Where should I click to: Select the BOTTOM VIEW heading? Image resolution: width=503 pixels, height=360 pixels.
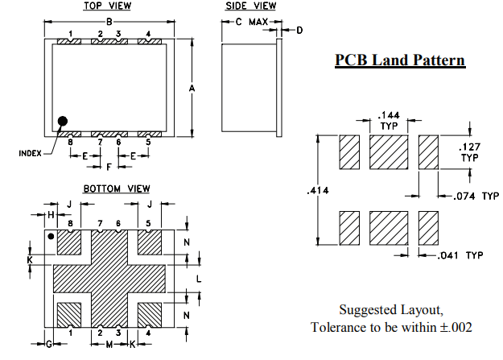pos(116,188)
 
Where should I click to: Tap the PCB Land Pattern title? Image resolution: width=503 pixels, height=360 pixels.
pos(399,60)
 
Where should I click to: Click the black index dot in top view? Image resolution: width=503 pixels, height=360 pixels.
pos(63,122)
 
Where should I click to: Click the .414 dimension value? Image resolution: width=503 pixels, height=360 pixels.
pos(317,192)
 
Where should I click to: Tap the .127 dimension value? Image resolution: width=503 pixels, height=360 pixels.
pos(468,147)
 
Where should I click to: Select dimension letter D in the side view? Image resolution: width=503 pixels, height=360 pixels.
pos(299,31)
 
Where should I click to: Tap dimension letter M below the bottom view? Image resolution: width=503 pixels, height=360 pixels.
pos(109,344)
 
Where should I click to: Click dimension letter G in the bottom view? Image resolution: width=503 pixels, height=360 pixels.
pos(48,344)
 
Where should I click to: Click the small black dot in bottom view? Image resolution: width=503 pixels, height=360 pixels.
pos(52,237)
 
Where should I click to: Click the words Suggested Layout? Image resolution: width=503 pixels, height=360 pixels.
pos(390,310)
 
